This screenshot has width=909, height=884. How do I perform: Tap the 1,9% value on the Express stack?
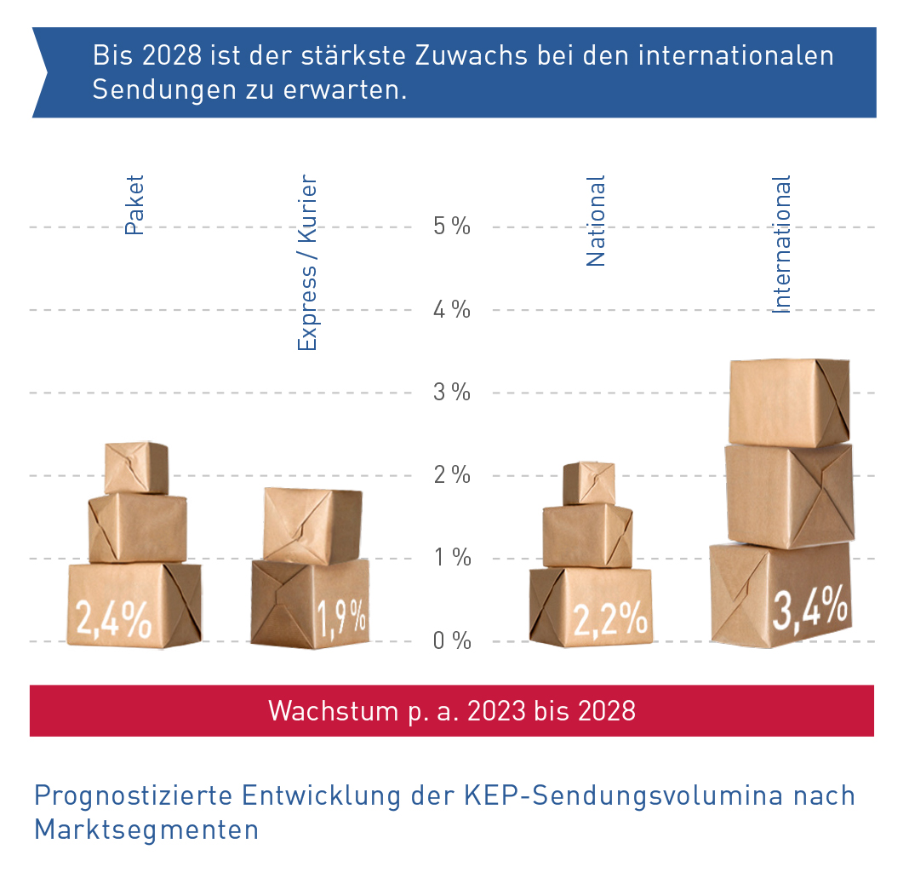(342, 617)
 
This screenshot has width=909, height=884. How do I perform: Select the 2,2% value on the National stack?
(609, 619)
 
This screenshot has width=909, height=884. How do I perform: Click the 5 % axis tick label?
(451, 227)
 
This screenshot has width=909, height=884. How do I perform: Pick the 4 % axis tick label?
(451, 309)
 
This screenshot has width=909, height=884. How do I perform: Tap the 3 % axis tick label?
(451, 393)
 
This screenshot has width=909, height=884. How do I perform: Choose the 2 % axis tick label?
(451, 475)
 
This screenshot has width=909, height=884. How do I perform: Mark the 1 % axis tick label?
(451, 558)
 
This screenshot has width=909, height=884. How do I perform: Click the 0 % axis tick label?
(451, 640)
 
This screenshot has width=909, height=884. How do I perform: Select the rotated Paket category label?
(134, 205)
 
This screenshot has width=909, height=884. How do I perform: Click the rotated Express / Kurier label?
(307, 263)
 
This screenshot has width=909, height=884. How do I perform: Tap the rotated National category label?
(596, 221)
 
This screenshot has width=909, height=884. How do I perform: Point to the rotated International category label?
(781, 244)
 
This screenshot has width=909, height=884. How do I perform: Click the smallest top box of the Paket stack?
(136, 468)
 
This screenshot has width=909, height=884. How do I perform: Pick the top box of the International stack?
(788, 402)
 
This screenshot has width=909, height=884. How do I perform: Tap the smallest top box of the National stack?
(589, 483)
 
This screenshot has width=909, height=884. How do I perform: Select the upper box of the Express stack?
(312, 525)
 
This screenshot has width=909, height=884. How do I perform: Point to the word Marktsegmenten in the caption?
(146, 829)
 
